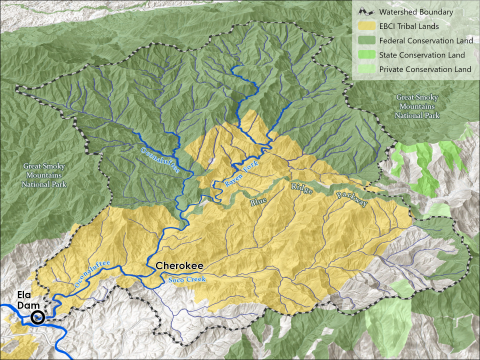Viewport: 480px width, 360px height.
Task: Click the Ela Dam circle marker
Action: (38, 318)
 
